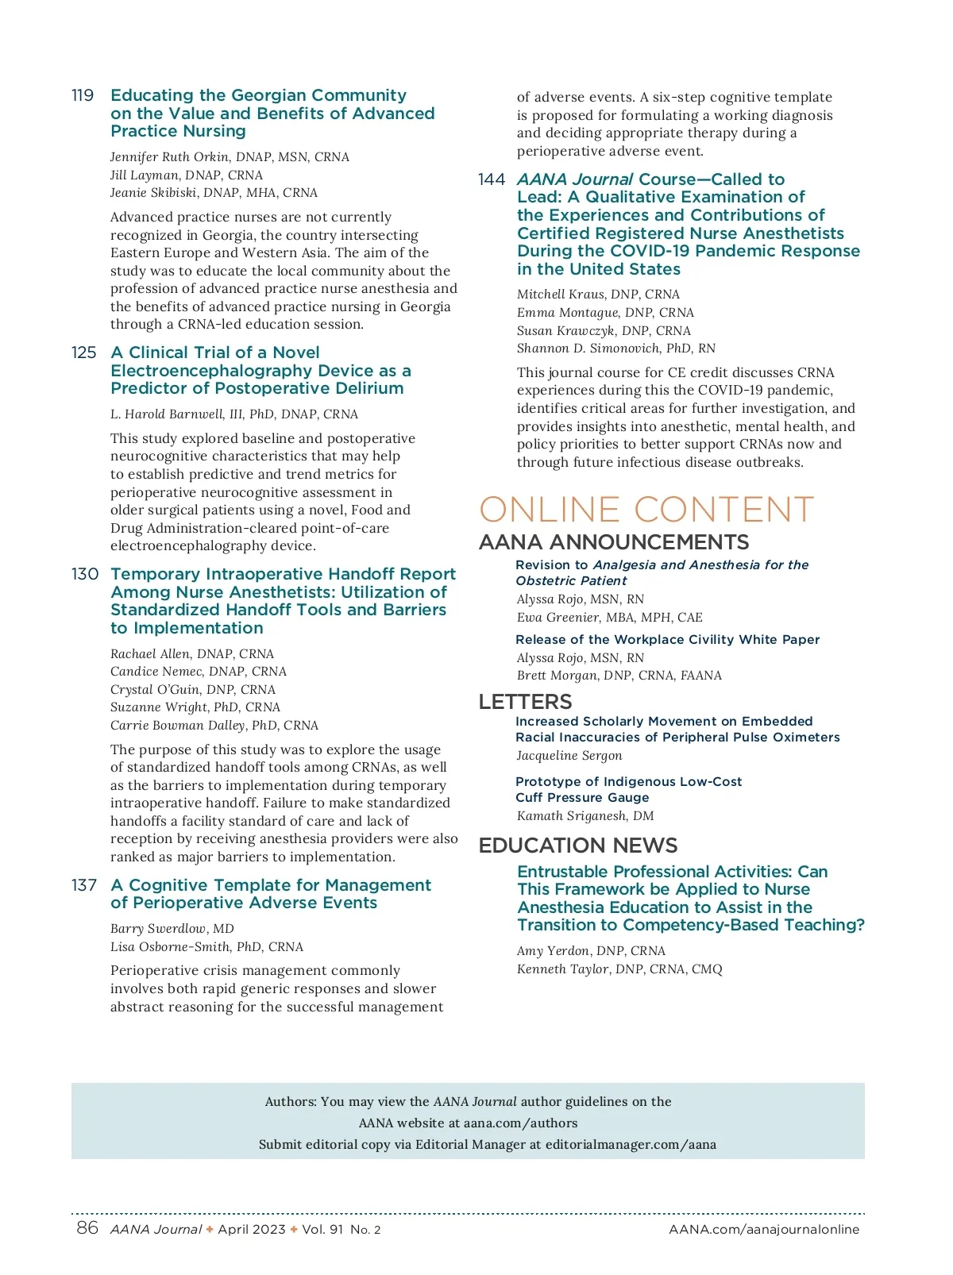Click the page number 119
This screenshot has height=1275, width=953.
(83, 96)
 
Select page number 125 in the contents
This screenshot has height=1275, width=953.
(83, 352)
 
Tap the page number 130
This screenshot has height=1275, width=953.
(84, 574)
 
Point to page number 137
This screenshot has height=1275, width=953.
(83, 885)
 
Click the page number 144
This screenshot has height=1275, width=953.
(492, 179)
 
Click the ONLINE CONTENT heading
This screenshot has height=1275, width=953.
(646, 510)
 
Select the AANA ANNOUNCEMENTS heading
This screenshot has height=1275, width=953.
(614, 542)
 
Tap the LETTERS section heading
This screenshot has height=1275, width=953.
(525, 702)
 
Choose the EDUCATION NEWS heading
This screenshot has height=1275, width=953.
(578, 846)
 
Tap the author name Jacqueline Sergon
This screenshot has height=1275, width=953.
(569, 756)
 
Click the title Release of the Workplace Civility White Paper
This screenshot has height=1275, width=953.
(667, 640)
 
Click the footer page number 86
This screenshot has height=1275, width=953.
(87, 1228)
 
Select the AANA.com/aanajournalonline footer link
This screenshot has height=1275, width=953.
(764, 1230)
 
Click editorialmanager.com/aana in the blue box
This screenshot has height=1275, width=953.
(631, 1145)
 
